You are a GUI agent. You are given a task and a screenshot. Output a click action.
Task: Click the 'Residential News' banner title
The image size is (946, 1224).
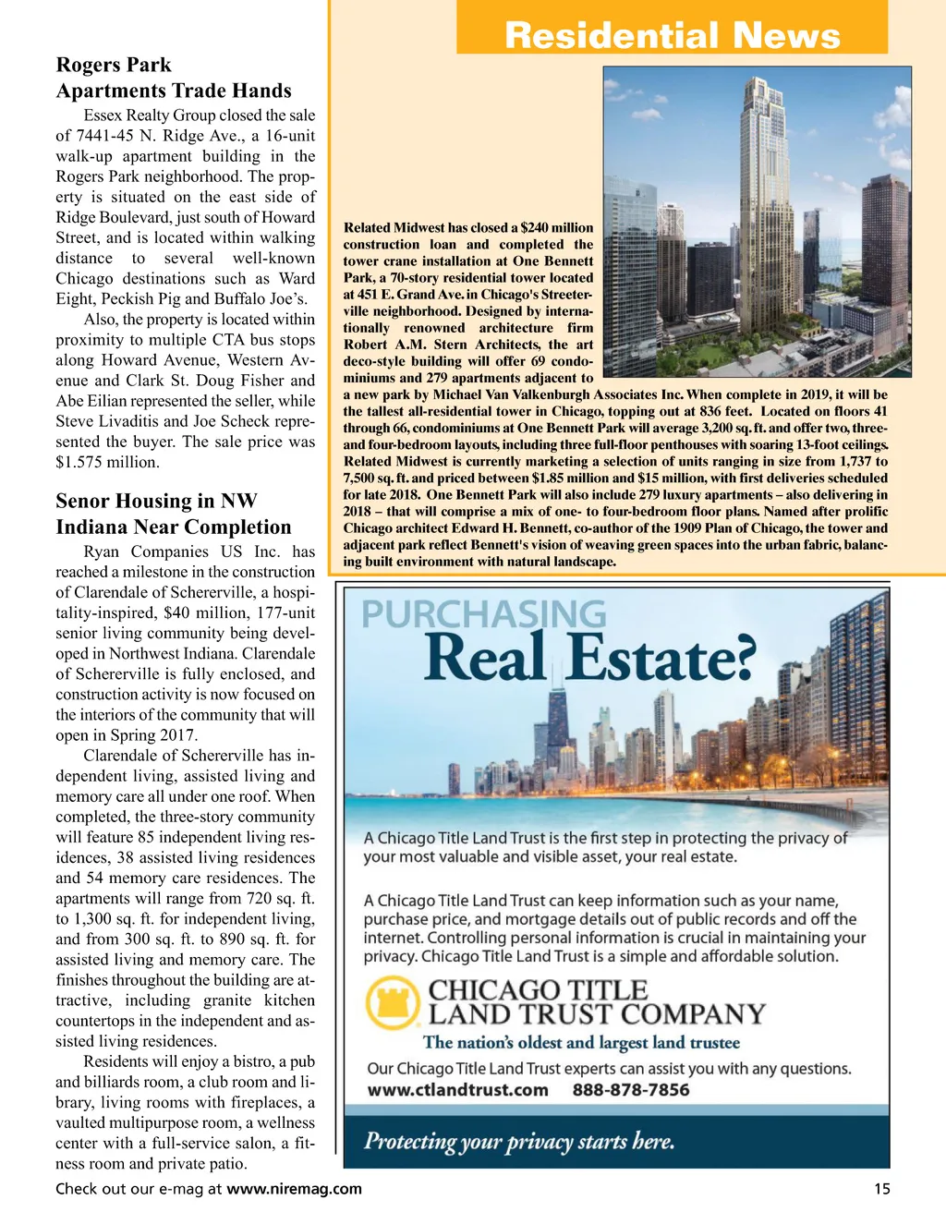[x=672, y=35]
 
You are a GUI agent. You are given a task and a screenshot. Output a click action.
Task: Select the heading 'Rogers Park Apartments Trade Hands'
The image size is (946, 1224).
[x=174, y=78]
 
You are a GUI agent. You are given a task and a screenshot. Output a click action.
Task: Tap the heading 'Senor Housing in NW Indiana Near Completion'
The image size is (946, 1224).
[x=174, y=514]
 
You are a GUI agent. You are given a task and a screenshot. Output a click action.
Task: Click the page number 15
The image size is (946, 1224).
[x=882, y=1189]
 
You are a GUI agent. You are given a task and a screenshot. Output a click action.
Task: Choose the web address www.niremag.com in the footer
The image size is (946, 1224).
[x=294, y=1189]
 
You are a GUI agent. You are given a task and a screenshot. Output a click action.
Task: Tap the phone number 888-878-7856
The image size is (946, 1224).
[x=631, y=1090]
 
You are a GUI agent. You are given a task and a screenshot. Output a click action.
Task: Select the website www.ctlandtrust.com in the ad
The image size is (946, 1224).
[x=458, y=1090]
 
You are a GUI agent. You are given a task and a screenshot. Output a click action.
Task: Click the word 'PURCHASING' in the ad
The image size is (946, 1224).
[x=483, y=614]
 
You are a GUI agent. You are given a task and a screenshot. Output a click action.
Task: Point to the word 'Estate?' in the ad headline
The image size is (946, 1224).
[x=661, y=659]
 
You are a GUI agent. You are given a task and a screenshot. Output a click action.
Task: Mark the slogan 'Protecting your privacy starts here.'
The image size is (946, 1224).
[x=519, y=1142]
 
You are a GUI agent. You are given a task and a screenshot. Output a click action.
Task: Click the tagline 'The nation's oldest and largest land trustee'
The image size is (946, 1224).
[x=582, y=1043]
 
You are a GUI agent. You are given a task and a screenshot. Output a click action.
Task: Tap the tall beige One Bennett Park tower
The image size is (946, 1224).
[x=762, y=203]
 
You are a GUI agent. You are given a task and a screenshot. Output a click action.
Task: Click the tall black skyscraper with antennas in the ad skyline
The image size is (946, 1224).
[x=558, y=730]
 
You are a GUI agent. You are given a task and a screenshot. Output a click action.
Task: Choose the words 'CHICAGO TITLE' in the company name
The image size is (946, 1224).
[x=538, y=990]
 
